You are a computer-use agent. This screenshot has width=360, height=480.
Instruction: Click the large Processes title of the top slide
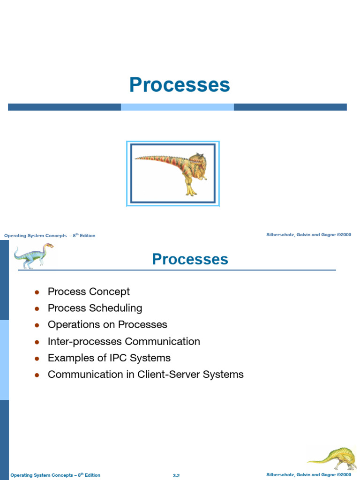[x=180, y=85]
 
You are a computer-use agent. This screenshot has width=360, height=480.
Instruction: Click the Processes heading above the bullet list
[x=190, y=259]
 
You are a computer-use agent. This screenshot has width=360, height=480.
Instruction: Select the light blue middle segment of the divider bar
[x=177, y=107]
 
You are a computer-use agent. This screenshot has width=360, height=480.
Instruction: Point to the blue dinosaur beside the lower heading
[x=34, y=255]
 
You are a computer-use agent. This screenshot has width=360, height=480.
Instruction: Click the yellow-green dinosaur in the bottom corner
[x=332, y=459]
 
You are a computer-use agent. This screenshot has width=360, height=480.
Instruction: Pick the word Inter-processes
[x=85, y=341]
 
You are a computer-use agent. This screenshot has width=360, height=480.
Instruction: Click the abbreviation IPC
[x=116, y=358]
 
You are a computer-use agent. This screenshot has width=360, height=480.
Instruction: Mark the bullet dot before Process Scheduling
[x=37, y=309]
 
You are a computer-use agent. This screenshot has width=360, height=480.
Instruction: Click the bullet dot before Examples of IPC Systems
[x=37, y=359]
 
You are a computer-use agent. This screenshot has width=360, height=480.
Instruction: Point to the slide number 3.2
[x=176, y=475]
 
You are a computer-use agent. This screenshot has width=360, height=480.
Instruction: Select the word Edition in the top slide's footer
[x=88, y=236]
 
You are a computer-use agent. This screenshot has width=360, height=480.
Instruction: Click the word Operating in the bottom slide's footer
[x=21, y=475]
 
